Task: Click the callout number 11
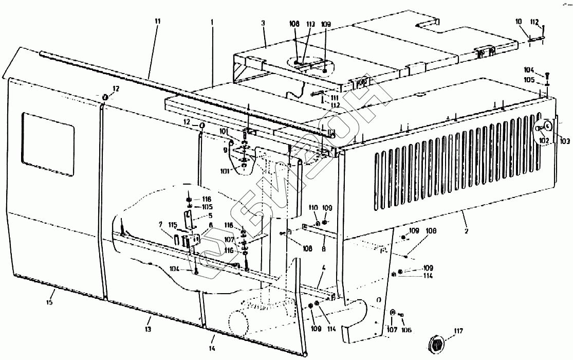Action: coord(157,21)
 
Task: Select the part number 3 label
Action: coord(264,24)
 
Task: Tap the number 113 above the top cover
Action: coord(311,24)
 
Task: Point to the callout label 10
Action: coord(519,22)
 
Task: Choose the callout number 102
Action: coord(544,139)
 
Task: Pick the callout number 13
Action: coord(147,329)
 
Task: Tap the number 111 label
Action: coord(335,98)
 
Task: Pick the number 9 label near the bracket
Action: coord(224,150)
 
